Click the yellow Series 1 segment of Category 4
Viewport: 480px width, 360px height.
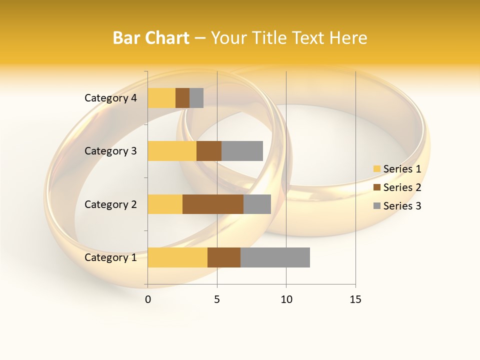click(x=161, y=98)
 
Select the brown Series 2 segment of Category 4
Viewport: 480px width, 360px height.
click(x=182, y=98)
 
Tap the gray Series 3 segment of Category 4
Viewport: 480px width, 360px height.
click(x=196, y=98)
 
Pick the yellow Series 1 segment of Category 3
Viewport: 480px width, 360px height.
click(x=172, y=151)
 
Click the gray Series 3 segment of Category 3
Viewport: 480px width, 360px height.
click(x=242, y=151)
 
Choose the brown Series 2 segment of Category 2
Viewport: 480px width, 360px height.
click(x=213, y=204)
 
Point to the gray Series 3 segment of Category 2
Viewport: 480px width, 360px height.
click(x=257, y=204)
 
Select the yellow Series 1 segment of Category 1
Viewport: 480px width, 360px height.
click(x=177, y=257)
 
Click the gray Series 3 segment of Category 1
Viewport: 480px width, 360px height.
click(x=275, y=257)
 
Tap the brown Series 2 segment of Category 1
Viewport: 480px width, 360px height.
click(x=224, y=257)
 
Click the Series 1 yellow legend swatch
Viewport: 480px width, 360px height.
click(x=376, y=169)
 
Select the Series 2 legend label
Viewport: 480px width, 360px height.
click(x=402, y=187)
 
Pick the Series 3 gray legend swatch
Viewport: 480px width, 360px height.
click(x=376, y=206)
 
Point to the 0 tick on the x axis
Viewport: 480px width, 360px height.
click(x=148, y=299)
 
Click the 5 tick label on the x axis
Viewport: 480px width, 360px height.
click(x=217, y=299)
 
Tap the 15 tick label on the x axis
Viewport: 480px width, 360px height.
click(x=355, y=299)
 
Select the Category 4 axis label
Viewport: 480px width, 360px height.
click(x=110, y=98)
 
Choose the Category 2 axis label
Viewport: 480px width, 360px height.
click(x=110, y=204)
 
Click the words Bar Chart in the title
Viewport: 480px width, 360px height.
click(x=151, y=38)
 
